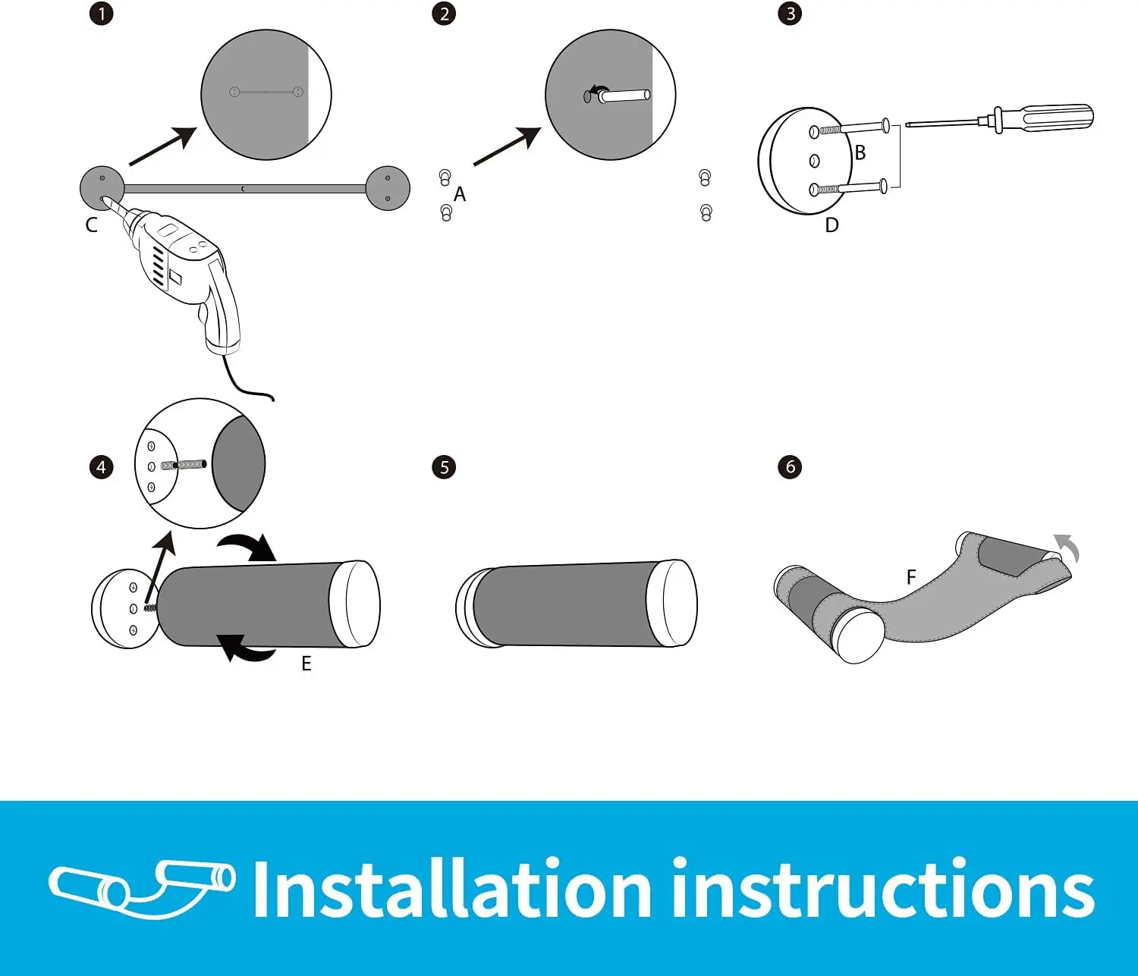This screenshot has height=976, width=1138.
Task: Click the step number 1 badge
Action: pos(102,14)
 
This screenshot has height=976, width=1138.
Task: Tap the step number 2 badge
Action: pos(444,14)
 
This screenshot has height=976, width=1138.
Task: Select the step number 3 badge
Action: pos(790,14)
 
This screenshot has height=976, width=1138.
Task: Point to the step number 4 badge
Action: pos(102,467)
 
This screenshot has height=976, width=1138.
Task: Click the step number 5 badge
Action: pos(444,467)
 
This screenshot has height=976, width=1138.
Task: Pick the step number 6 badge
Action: pos(790,467)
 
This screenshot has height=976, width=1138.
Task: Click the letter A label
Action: pos(460,194)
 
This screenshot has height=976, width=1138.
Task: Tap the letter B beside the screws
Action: pos(860,152)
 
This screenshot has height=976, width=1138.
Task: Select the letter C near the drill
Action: pos(91,225)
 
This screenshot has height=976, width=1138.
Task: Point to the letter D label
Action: pos(832,225)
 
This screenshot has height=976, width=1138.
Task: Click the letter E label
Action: pos(307,664)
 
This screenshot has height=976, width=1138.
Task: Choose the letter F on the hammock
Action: pos(911,577)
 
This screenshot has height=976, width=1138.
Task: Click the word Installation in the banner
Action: pos(452,889)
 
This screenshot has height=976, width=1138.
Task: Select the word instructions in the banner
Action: pos(883,889)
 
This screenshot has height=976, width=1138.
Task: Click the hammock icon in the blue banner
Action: pos(142,889)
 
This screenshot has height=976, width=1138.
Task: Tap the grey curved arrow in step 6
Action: pos(1068,548)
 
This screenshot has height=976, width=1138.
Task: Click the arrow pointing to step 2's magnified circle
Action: pos(507,146)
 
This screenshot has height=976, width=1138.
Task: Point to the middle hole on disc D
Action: pos(815,161)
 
